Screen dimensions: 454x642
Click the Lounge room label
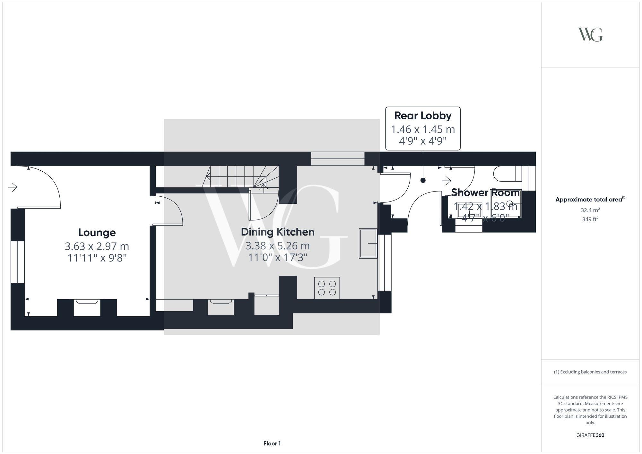tap(97, 233)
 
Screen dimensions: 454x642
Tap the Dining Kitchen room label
tap(278, 232)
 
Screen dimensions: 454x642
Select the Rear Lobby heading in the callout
tap(423, 116)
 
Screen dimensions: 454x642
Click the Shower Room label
tap(485, 193)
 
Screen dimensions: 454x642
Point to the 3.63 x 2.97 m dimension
tap(97, 246)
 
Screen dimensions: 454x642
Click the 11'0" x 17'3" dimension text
tap(278, 257)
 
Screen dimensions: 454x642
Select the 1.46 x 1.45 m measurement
tap(423, 129)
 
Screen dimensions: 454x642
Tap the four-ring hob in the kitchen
tap(327, 288)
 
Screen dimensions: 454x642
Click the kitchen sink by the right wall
tap(368, 244)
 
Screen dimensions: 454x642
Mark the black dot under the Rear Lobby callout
tap(423, 181)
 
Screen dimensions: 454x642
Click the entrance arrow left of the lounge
tap(13, 187)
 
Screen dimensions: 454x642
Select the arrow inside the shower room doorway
tap(447, 181)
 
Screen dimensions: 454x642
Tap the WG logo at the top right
tap(590, 35)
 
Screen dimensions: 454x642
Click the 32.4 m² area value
tap(590, 210)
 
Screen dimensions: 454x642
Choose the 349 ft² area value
tap(590, 219)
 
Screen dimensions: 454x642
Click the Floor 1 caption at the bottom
tap(272, 443)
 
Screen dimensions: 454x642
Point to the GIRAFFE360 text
tap(590, 435)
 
